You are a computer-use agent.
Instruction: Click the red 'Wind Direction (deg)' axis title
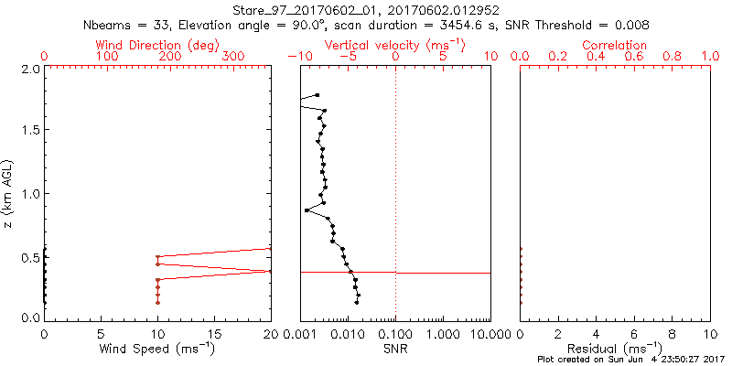coord(157,45)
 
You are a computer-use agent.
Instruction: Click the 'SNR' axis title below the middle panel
coord(395,348)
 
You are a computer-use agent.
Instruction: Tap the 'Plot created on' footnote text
coord(630,360)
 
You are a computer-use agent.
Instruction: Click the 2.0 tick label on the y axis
coord(29,69)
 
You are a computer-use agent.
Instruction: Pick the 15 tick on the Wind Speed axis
coord(214,333)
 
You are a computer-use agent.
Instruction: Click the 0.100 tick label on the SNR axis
coord(396,333)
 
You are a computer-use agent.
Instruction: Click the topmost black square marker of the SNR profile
coord(318,95)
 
